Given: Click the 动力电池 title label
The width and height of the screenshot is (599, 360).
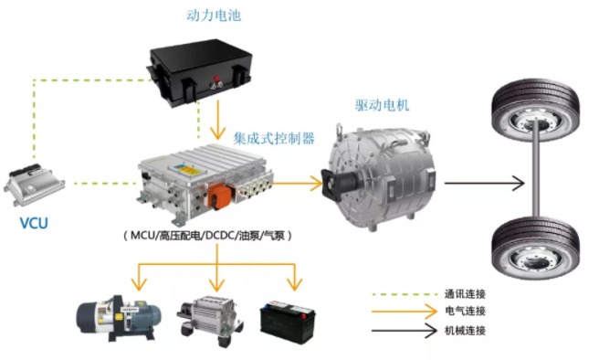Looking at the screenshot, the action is click(x=214, y=16).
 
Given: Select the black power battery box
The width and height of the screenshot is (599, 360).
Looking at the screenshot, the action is click(x=199, y=71).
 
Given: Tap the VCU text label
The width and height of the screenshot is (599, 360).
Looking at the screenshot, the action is click(x=34, y=223).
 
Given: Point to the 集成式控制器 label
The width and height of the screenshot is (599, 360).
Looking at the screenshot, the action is click(x=274, y=138).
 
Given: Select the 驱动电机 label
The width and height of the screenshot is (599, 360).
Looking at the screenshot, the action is click(x=382, y=105).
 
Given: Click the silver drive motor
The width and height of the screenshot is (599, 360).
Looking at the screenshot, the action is click(x=380, y=177).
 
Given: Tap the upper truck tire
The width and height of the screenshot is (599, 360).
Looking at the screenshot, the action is click(x=535, y=110).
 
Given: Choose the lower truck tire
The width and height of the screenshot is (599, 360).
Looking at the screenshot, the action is click(x=535, y=248).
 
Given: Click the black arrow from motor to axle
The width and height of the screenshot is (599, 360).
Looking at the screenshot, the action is click(x=484, y=183).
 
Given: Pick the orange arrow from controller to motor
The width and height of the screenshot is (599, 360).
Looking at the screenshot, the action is click(x=297, y=183).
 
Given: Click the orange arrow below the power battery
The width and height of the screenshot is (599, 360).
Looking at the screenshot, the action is click(x=217, y=120).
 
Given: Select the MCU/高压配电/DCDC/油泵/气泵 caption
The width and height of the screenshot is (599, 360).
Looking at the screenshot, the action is click(x=207, y=236).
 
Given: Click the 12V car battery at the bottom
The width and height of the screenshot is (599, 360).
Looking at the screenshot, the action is click(x=288, y=323).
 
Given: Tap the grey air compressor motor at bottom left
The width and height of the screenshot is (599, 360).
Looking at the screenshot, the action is click(x=119, y=318).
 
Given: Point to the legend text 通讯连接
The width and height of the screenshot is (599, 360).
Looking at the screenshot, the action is click(x=465, y=294).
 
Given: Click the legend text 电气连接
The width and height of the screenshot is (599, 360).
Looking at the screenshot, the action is click(x=465, y=311).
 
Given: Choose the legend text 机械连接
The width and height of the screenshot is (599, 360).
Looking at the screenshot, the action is click(x=465, y=330).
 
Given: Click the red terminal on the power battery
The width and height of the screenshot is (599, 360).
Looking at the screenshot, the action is click(x=216, y=79).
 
